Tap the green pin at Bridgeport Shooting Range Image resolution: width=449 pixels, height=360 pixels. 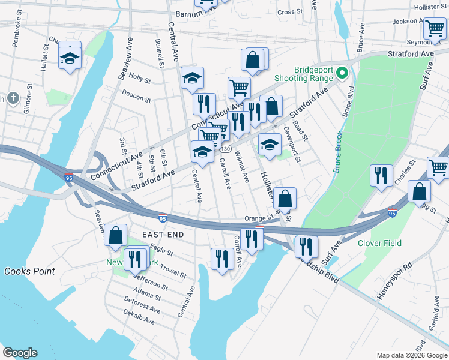tap(342, 74)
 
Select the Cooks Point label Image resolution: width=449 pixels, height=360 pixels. tap(29, 271)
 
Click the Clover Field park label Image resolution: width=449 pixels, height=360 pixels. tap(379, 243)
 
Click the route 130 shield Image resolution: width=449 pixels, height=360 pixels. tap(226, 149)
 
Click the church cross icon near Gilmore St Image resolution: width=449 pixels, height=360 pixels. tap(13, 98)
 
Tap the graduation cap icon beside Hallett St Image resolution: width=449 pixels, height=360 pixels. tap(70, 58)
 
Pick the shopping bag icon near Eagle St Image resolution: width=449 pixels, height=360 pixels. tap(116, 236)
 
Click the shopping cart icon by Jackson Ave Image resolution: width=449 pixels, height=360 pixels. tap(434, 28)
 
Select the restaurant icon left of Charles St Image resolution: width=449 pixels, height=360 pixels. tap(381, 175)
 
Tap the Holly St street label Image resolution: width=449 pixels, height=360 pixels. tap(139, 79)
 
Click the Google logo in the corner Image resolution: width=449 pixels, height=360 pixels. tap(20, 353)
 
